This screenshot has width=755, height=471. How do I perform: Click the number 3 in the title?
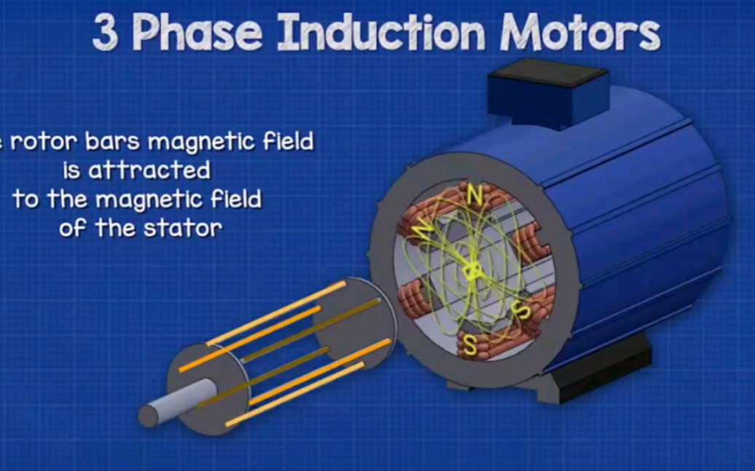(105, 32)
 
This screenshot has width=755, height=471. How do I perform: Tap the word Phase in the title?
(197, 32)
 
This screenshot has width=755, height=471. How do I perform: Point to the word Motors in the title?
(580, 32)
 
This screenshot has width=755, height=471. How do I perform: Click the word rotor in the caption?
(44, 142)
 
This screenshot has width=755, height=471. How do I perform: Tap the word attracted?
(149, 170)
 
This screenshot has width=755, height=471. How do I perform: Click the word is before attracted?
(71, 170)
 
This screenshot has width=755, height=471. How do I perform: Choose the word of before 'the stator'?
(73, 228)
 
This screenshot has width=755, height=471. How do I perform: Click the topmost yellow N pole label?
(474, 195)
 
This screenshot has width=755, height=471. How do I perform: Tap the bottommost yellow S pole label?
(469, 345)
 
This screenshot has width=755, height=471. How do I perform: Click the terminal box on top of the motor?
(549, 94)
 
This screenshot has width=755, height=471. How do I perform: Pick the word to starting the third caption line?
(26, 199)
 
